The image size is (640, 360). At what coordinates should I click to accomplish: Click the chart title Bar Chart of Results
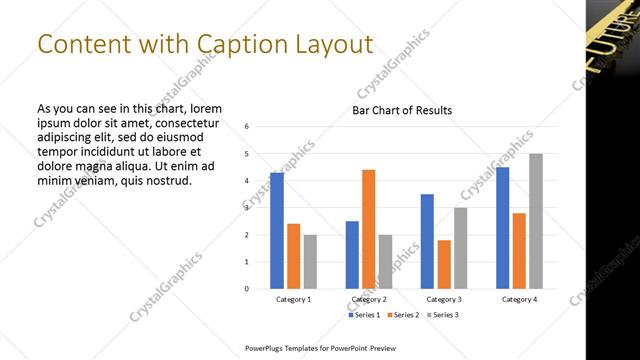click(x=402, y=110)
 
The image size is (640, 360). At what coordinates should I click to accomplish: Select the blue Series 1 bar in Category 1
click(x=277, y=230)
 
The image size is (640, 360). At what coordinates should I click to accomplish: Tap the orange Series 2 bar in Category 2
click(x=368, y=229)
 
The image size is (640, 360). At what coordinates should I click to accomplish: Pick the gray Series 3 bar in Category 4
click(x=536, y=221)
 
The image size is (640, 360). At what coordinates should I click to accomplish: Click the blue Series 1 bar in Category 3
click(x=427, y=241)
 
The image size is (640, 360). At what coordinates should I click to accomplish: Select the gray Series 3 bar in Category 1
click(x=310, y=261)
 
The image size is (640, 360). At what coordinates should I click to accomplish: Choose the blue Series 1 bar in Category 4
click(x=502, y=227)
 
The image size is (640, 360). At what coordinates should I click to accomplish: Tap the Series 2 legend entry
click(x=402, y=315)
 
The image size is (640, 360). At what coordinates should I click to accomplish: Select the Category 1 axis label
click(x=294, y=299)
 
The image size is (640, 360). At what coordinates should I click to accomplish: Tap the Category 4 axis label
click(x=519, y=299)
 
